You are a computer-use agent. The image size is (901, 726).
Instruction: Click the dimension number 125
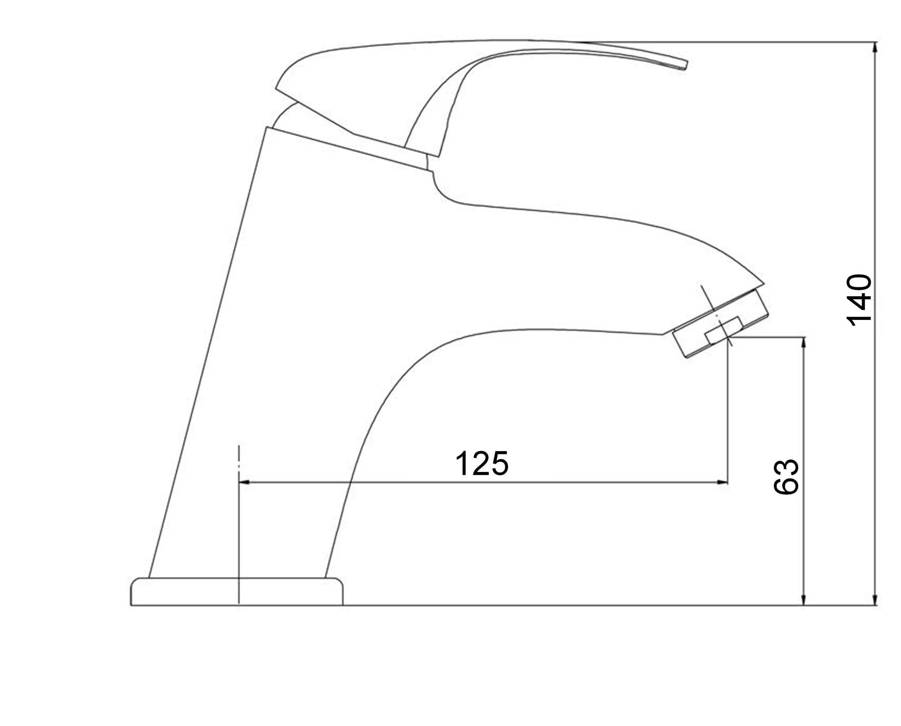pyautogui.click(x=481, y=463)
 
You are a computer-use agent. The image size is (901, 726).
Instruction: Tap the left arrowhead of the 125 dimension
pyautogui.click(x=244, y=482)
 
